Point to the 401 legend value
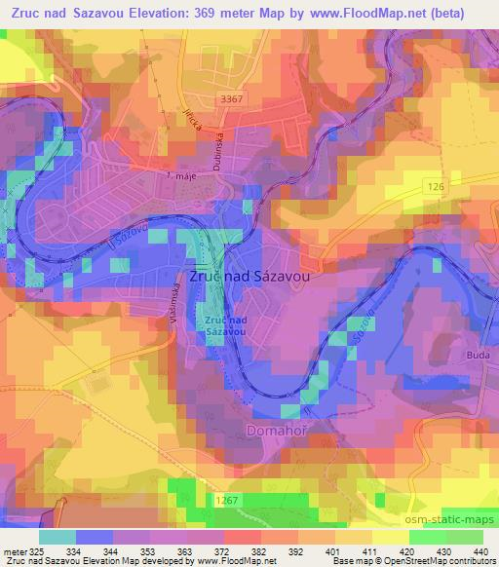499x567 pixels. tap(336, 550)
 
